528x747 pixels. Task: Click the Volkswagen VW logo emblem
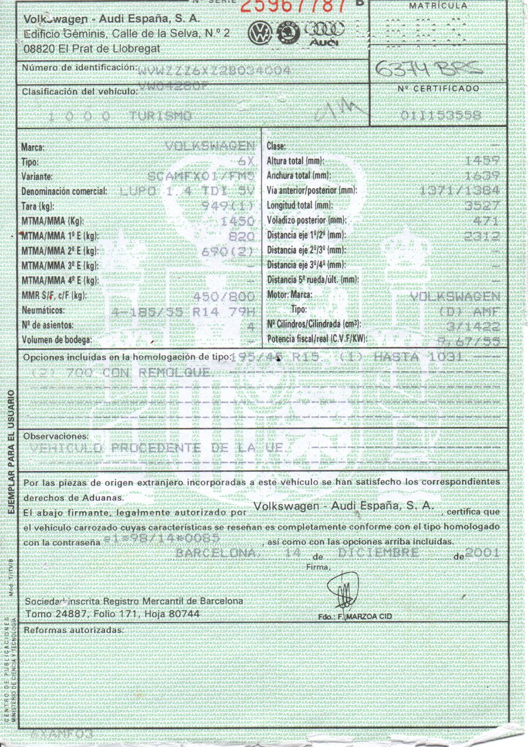click(259, 33)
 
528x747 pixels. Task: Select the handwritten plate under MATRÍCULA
click(428, 70)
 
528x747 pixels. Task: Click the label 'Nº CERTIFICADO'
click(438, 89)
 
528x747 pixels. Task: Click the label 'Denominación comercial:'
click(65, 192)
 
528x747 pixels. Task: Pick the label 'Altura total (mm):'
click(295, 160)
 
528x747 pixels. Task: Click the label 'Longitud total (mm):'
click(299, 206)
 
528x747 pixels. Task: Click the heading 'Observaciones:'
click(56, 437)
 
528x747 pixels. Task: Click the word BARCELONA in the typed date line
click(216, 554)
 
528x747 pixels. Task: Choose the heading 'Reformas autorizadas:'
click(73, 630)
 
